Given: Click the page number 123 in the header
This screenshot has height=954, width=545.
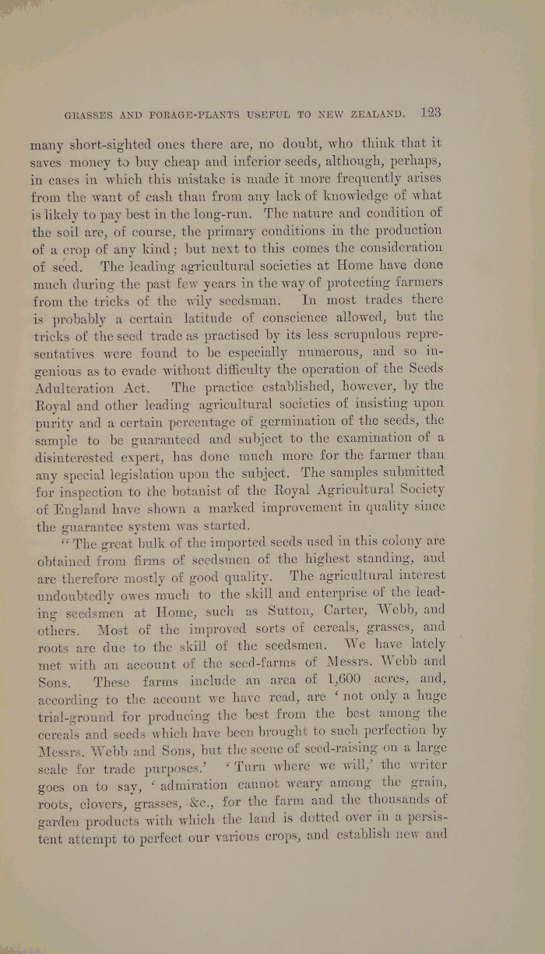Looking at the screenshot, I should click(430, 112).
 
